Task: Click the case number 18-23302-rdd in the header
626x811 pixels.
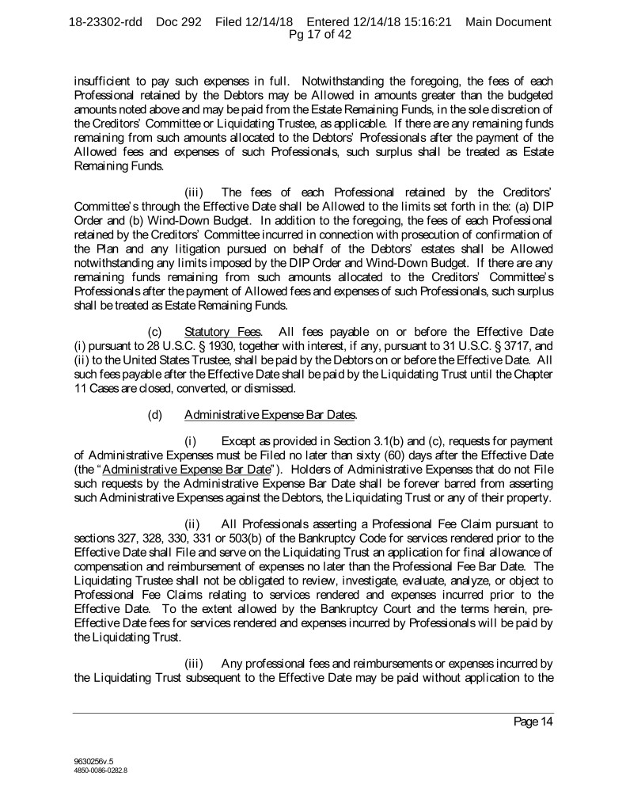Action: (x=106, y=22)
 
